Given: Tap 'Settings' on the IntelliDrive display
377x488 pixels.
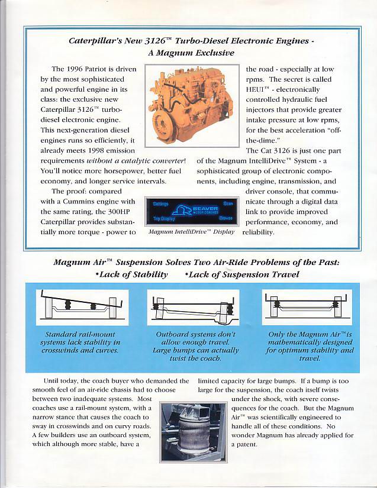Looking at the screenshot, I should [x=161, y=203].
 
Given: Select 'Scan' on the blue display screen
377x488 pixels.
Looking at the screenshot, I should [x=228, y=203].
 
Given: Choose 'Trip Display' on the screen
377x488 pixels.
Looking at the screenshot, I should [x=164, y=218].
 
